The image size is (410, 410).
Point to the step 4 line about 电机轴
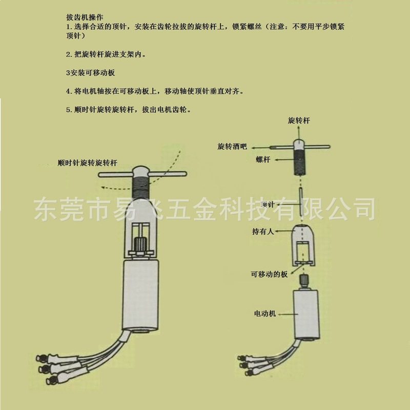click(x=154, y=91)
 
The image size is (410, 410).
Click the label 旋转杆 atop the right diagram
click(x=299, y=121)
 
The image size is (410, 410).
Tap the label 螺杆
click(x=263, y=160)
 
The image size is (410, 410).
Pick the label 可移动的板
click(x=269, y=274)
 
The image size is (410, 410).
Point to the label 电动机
click(x=265, y=313)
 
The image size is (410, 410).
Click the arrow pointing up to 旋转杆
click(x=299, y=132)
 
